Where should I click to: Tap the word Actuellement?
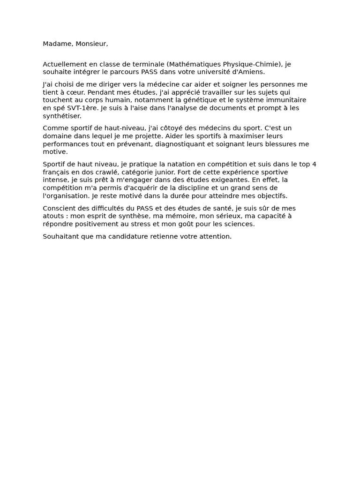pyautogui.click(x=65, y=64)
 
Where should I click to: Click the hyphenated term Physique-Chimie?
pyautogui.click(x=252, y=64)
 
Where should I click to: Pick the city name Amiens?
pyautogui.click(x=252, y=72)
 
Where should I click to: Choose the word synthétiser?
pyautogui.click(x=62, y=116)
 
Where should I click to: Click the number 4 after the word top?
pyautogui.click(x=314, y=164)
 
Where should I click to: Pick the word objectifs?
pyautogui.click(x=270, y=196)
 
